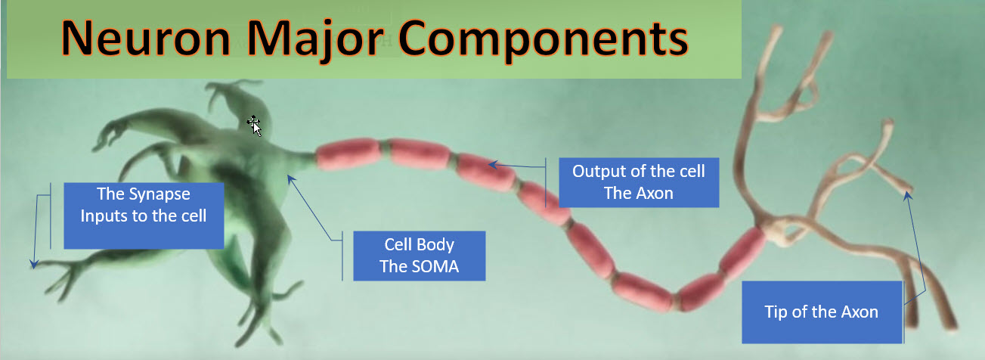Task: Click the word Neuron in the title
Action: click(x=146, y=39)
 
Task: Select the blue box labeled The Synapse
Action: click(x=144, y=216)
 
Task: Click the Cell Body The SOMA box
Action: click(x=420, y=256)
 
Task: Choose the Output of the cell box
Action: click(x=639, y=182)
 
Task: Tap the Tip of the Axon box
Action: click(x=822, y=312)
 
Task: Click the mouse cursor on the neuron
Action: click(x=255, y=126)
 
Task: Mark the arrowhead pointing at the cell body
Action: click(x=291, y=178)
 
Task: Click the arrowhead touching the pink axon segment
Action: click(x=493, y=165)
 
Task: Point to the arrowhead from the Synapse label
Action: click(x=33, y=265)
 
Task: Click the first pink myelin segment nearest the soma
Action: click(x=348, y=154)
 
